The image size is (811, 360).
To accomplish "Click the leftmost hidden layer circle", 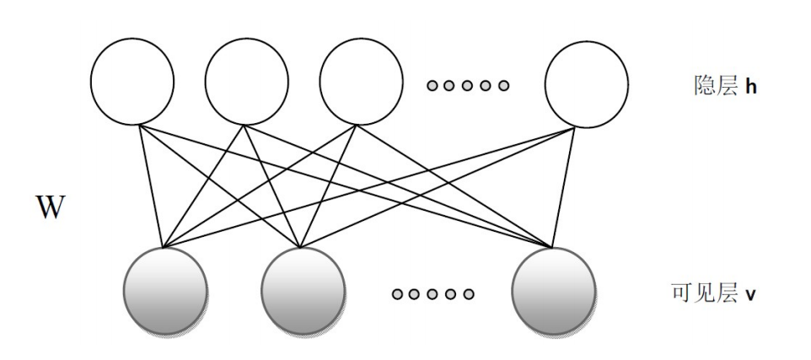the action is click(x=132, y=81).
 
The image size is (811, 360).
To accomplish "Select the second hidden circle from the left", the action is click(x=247, y=81).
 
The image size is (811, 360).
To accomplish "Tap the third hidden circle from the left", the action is click(x=361, y=81).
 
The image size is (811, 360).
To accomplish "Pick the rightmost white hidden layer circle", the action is click(x=587, y=84).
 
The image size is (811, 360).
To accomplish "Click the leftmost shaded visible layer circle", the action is click(x=165, y=291).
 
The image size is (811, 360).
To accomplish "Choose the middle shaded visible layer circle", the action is click(x=303, y=291).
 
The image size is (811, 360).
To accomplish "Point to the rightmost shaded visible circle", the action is click(x=553, y=291).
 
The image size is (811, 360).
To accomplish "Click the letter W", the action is click(x=51, y=207).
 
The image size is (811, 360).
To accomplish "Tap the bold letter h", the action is click(x=751, y=86).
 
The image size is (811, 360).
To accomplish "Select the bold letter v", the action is click(x=750, y=295).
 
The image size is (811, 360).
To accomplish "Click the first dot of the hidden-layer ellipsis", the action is click(x=432, y=85).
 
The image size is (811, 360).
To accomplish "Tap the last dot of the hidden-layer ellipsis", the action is click(x=503, y=85).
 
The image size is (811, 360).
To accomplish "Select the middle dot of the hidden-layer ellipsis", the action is click(x=467, y=85).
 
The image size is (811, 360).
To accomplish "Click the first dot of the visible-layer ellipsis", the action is click(x=397, y=294).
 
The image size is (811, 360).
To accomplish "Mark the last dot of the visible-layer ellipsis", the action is click(x=469, y=294).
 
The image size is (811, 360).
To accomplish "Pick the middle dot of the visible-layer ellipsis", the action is click(x=432, y=294).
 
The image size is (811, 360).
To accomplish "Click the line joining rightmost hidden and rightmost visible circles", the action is click(x=564, y=187).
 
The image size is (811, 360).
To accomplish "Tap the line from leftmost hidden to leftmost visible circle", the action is click(x=152, y=186).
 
